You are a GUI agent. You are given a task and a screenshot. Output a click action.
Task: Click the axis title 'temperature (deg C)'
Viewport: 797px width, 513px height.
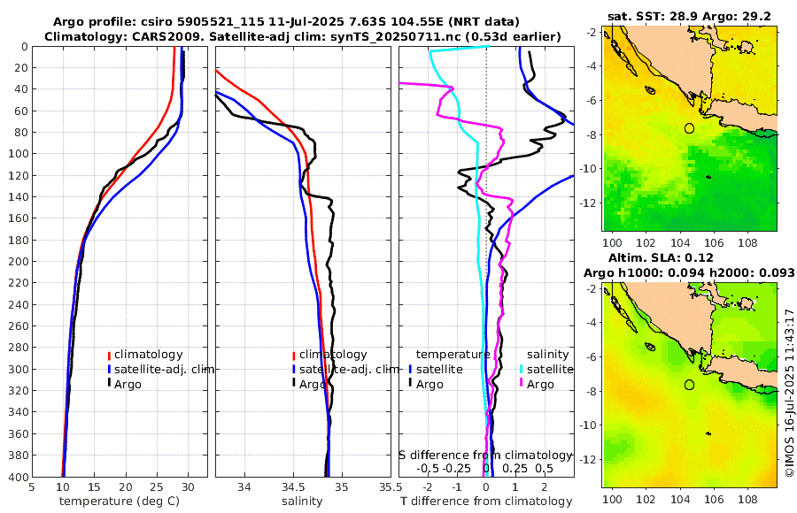pyautogui.click(x=120, y=502)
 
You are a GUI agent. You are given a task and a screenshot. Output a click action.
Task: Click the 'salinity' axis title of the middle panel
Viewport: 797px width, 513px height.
pyautogui.click(x=302, y=502)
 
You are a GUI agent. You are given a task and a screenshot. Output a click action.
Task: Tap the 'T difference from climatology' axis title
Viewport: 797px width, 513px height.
pyautogui.click(x=486, y=502)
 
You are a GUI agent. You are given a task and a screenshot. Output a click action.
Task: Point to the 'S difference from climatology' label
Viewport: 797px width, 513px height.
pyautogui.click(x=485, y=455)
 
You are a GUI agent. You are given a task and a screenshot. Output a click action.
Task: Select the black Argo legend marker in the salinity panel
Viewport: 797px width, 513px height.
pyautogui.click(x=293, y=384)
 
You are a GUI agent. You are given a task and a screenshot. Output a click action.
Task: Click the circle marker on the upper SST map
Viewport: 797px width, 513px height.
pyautogui.click(x=689, y=128)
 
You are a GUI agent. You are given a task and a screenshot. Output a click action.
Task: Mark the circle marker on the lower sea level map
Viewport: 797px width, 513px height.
pyautogui.click(x=689, y=385)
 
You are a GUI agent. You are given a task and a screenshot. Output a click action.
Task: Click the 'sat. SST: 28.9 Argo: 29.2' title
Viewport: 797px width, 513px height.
pyautogui.click(x=689, y=17)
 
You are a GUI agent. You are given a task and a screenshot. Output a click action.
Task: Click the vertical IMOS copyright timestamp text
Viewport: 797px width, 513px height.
pyautogui.click(x=788, y=392)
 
